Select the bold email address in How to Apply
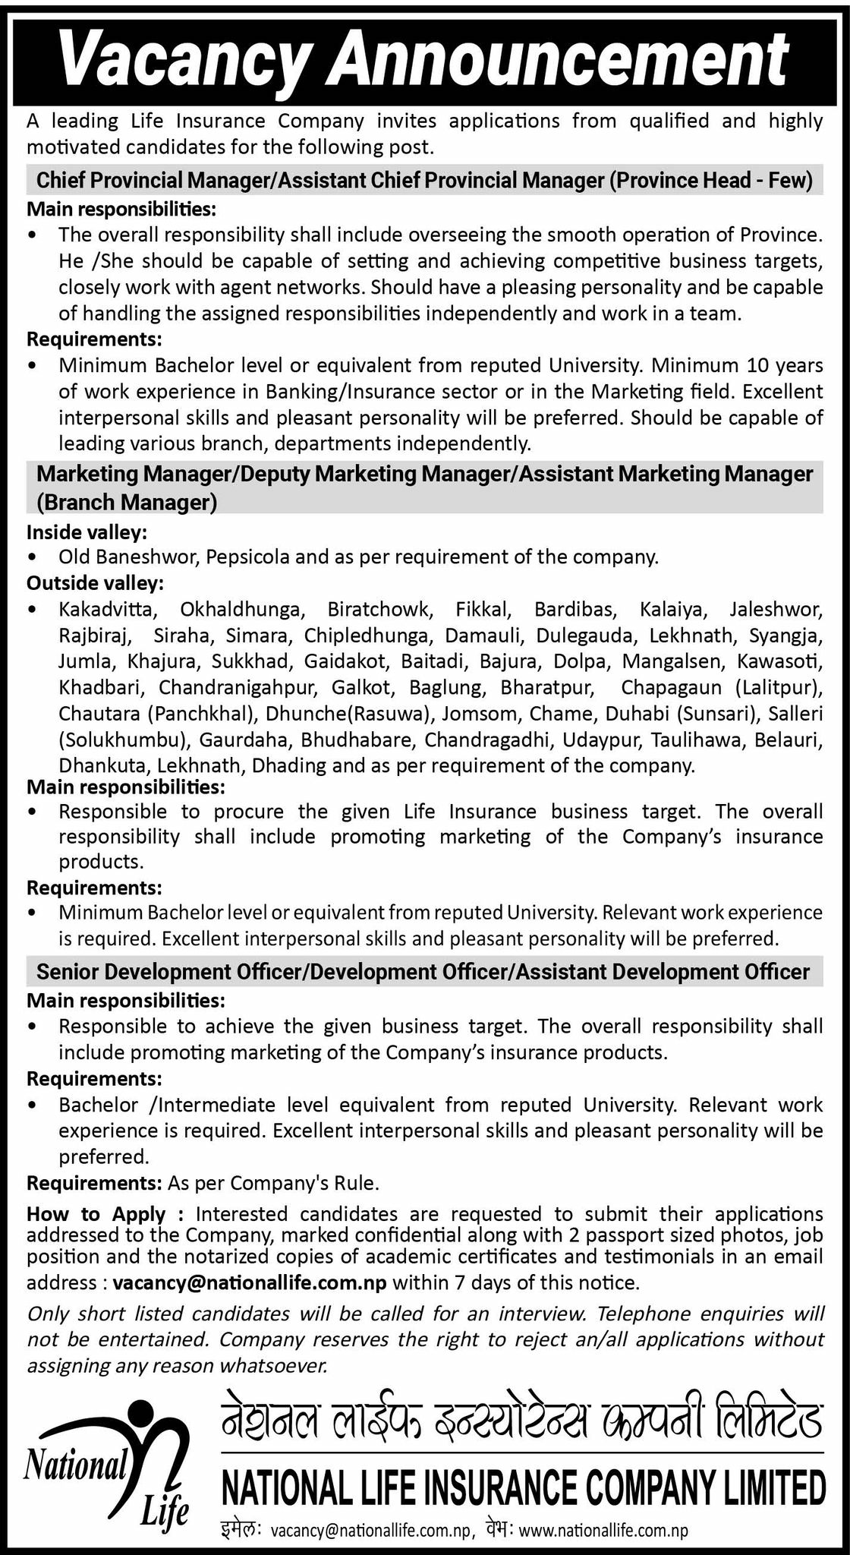click(250, 1283)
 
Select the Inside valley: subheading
click(87, 532)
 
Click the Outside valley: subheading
click(94, 583)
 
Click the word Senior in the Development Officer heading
click(72, 972)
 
